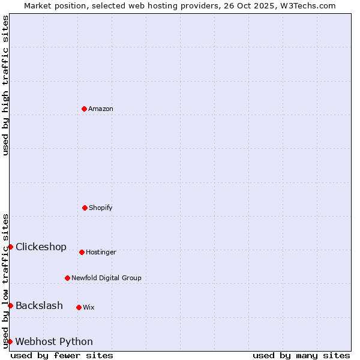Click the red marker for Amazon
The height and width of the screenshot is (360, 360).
(84, 109)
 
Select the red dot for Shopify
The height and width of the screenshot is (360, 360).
(85, 208)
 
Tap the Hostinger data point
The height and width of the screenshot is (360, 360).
(82, 252)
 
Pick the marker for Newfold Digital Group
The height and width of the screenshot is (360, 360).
(67, 278)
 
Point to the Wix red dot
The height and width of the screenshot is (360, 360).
(79, 307)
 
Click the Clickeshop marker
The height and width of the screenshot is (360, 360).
(10, 247)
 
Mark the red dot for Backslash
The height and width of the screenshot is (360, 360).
(10, 305)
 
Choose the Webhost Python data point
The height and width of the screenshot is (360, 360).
(10, 341)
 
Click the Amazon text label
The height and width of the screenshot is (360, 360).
(101, 109)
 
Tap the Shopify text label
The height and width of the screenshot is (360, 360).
(101, 208)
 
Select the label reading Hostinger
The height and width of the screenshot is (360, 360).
(101, 252)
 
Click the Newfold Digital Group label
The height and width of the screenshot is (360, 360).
(106, 278)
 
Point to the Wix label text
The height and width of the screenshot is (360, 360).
(89, 307)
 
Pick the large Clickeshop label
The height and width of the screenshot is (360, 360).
(41, 247)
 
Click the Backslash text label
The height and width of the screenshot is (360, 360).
(39, 305)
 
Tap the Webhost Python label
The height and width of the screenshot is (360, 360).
(54, 341)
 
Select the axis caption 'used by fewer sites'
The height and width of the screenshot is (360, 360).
(62, 355)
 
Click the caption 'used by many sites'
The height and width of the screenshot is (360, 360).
(301, 355)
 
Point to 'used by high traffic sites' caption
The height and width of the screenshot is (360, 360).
(5, 85)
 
